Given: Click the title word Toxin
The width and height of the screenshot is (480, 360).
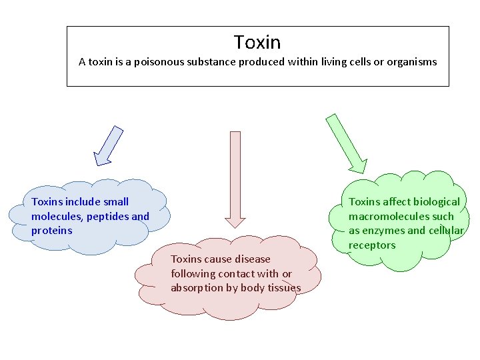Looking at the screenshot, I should (x=257, y=43).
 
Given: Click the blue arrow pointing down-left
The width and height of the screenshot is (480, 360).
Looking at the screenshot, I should (x=109, y=145).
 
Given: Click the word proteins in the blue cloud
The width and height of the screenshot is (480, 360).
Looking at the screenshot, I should (x=51, y=231).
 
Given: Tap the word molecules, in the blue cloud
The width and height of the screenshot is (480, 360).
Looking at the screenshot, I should (x=55, y=216).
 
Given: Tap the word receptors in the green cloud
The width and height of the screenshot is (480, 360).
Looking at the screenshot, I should (x=372, y=245).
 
